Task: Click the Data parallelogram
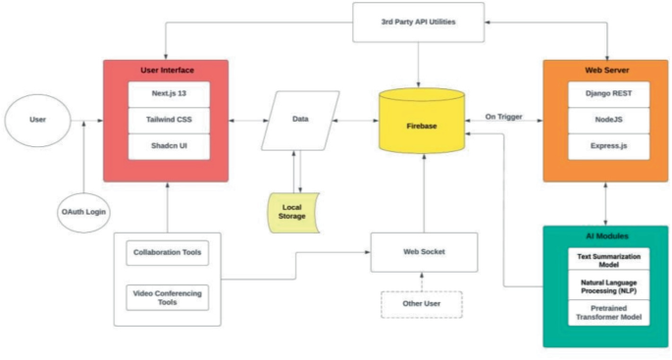coord(299,121)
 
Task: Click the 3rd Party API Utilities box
coord(419,22)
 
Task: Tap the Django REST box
coord(605,94)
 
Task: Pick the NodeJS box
coord(605,121)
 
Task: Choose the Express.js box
coord(605,147)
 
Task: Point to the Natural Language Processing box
coord(605,286)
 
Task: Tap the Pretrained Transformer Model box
coord(605,314)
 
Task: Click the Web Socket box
coord(424,252)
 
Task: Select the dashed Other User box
coord(423,305)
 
